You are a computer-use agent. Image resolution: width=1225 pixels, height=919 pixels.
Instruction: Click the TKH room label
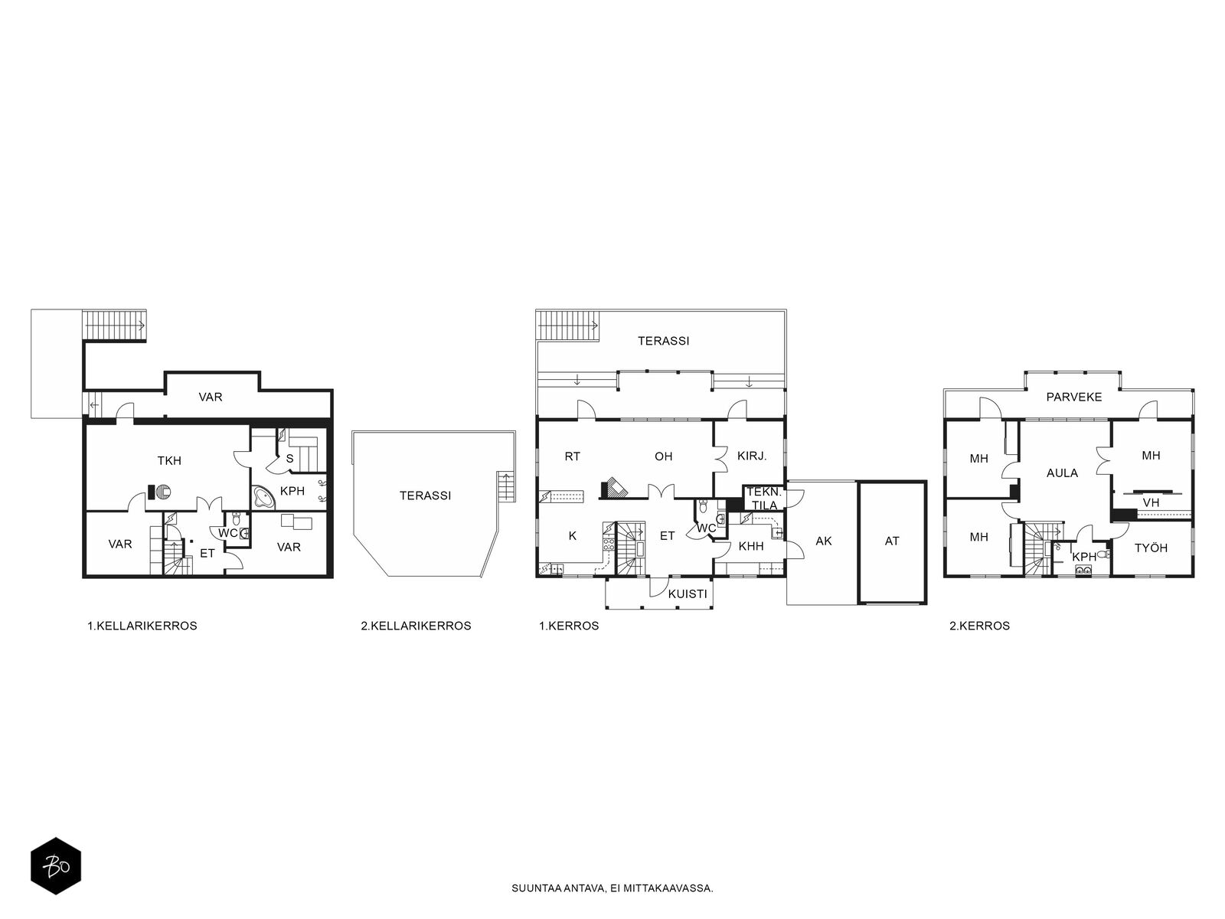click(x=169, y=461)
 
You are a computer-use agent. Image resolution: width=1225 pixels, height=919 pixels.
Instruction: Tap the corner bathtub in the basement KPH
click(x=263, y=497)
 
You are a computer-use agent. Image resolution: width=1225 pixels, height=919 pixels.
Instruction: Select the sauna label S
click(x=289, y=459)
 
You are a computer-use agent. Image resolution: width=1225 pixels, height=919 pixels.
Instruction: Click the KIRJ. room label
click(x=752, y=456)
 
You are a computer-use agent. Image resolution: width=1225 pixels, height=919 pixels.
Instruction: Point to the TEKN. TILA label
click(x=764, y=499)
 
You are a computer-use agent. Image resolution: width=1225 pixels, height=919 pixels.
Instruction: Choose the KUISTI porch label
click(x=688, y=594)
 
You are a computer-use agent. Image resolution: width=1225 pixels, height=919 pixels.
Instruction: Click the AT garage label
click(x=892, y=541)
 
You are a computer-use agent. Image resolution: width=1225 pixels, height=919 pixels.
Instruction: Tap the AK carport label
click(x=824, y=541)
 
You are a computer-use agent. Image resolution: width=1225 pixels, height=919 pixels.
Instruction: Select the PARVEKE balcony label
click(x=1073, y=397)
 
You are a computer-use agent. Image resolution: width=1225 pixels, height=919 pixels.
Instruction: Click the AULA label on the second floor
click(x=1062, y=473)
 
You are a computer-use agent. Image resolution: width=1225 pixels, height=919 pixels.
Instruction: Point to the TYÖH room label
click(x=1151, y=548)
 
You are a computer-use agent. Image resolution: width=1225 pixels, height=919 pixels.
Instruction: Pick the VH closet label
click(x=1151, y=502)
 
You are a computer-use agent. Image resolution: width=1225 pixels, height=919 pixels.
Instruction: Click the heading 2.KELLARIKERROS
click(x=416, y=626)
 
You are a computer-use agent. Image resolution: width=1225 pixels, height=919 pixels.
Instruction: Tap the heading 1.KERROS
click(x=569, y=626)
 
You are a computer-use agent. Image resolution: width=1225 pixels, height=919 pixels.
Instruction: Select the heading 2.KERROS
click(x=979, y=626)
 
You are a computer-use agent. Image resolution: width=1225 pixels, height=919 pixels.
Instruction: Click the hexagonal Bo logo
click(x=56, y=866)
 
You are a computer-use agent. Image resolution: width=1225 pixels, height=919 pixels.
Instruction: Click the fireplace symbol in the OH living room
click(x=615, y=489)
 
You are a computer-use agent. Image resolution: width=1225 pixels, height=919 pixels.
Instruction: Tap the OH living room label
click(x=664, y=456)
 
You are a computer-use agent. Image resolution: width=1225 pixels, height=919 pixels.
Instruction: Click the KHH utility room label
click(x=751, y=546)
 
